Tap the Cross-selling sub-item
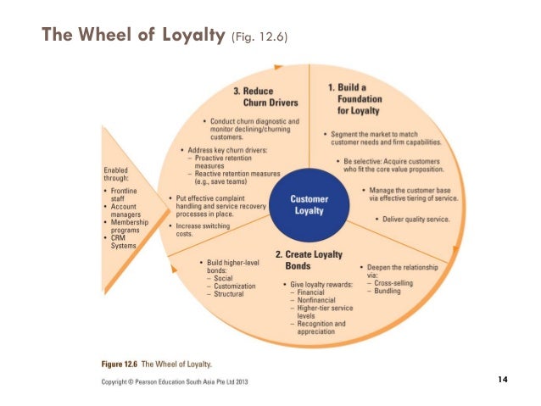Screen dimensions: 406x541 [392, 283]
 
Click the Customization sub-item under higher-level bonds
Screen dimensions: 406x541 [231, 286]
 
